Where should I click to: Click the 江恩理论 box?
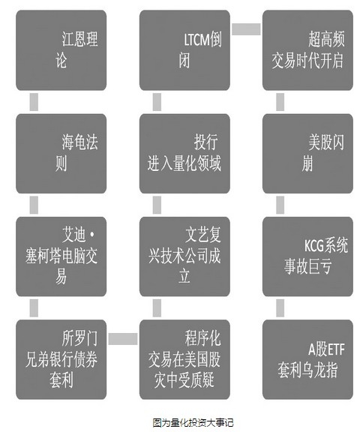click(61, 50)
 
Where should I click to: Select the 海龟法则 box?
click(61, 154)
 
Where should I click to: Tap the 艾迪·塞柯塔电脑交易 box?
click(61, 256)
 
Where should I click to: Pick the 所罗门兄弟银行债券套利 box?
click(61, 359)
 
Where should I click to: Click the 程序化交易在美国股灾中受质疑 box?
click(184, 359)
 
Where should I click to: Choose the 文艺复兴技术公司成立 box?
click(184, 256)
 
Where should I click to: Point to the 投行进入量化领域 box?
click(184, 154)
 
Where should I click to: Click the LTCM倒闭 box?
click(184, 50)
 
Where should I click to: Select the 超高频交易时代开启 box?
click(307, 50)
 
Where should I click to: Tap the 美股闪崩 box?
click(307, 154)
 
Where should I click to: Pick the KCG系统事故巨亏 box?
click(307, 256)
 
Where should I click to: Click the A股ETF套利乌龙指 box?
click(307, 359)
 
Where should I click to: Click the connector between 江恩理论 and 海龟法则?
click(34, 102)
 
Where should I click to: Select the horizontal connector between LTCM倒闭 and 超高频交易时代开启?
click(246, 29)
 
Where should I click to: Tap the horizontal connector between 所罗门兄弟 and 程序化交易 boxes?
click(123, 339)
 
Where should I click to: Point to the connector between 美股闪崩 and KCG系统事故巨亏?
click(280, 205)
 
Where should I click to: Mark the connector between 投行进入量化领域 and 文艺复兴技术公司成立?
click(157, 205)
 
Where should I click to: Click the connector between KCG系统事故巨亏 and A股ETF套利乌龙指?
click(280, 308)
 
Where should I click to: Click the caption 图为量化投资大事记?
click(193, 423)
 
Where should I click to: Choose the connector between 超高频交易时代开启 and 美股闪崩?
click(280, 102)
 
